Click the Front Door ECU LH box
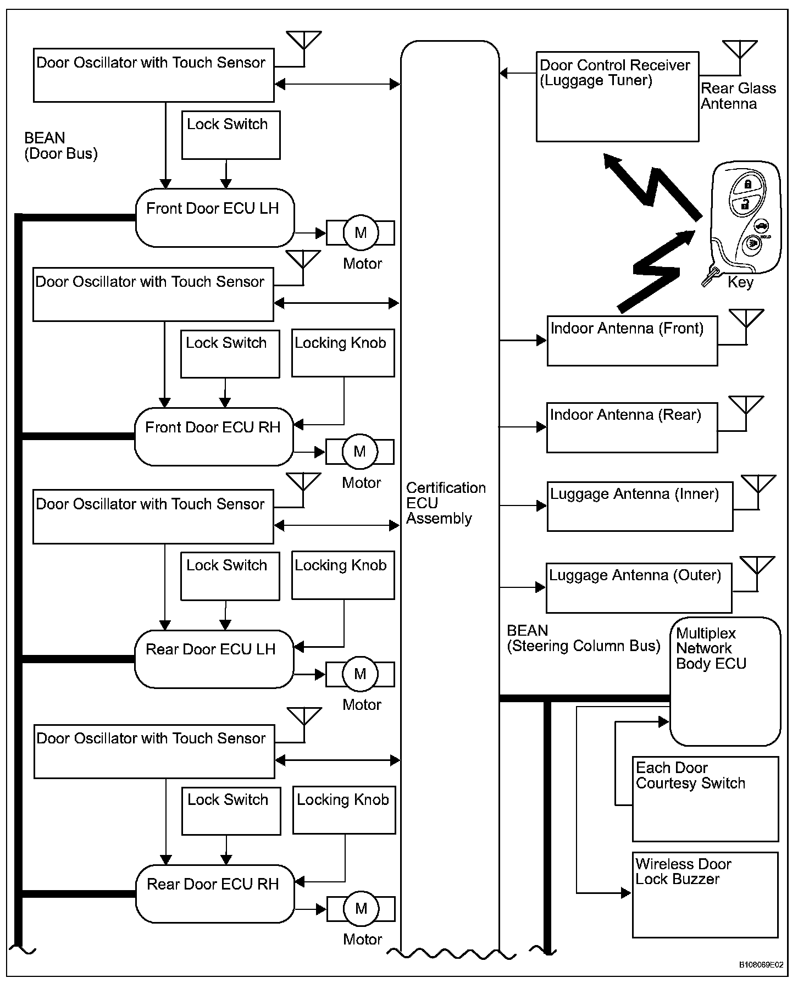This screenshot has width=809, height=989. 215,218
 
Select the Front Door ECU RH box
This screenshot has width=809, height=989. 214,437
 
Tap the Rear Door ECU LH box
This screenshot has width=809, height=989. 214,659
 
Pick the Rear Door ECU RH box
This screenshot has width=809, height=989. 215,894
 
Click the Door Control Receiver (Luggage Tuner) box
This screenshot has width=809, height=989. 617,97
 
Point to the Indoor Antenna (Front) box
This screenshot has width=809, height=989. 632,341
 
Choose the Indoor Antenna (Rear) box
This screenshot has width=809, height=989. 632,427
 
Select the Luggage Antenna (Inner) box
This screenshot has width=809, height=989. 640,506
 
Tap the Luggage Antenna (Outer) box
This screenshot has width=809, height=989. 639,587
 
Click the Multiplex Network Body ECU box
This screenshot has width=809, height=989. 725,681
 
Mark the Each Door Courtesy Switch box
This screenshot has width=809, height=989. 705,799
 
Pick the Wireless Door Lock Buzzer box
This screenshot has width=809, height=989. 705,894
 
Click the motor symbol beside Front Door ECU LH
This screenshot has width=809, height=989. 361,233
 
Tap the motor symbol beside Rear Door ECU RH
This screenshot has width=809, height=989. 361,909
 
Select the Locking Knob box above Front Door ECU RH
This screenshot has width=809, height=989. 343,353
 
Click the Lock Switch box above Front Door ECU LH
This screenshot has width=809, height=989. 231,135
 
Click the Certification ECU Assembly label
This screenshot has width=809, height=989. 445,503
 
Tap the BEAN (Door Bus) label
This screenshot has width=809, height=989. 60,146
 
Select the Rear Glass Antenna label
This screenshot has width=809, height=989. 738,96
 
